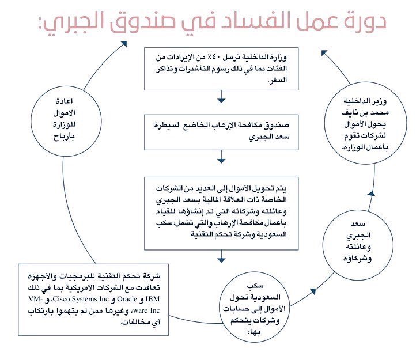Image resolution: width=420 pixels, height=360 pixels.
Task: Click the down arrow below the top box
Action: (x=221, y=103)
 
